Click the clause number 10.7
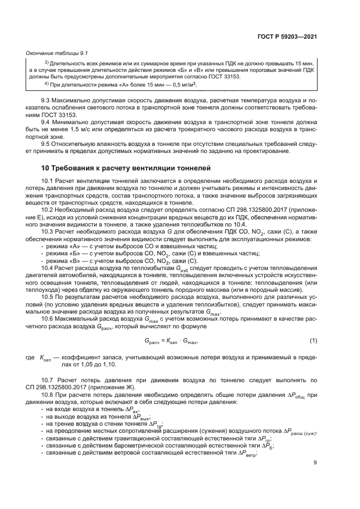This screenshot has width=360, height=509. (x=48, y=377)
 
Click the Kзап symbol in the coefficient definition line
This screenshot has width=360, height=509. (x=46, y=355)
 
